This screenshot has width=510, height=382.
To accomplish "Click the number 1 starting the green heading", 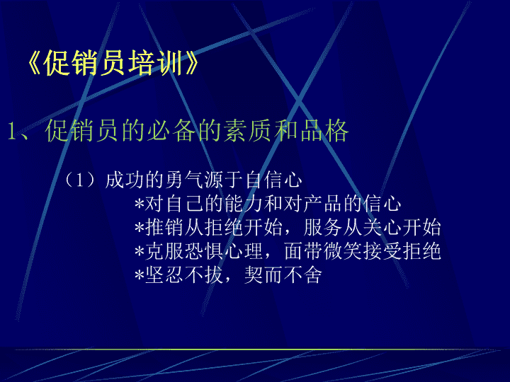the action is pos(12,132).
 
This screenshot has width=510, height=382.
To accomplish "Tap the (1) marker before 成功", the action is pos(80,180).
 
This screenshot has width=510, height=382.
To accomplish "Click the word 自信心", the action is pos(274,180).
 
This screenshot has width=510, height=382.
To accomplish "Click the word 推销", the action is pos(164,227).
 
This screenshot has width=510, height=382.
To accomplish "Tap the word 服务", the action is pos(323,227).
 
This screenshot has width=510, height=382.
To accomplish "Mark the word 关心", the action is pos(382,227).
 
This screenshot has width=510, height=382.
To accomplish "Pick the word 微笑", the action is pos(343,251).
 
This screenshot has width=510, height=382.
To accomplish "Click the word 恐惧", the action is pos(204,251).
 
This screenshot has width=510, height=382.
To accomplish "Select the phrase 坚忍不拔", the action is pos(184,275).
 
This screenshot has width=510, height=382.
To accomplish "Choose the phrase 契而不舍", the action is pos(283,275).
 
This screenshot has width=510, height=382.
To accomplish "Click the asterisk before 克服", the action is pos(140,252).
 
